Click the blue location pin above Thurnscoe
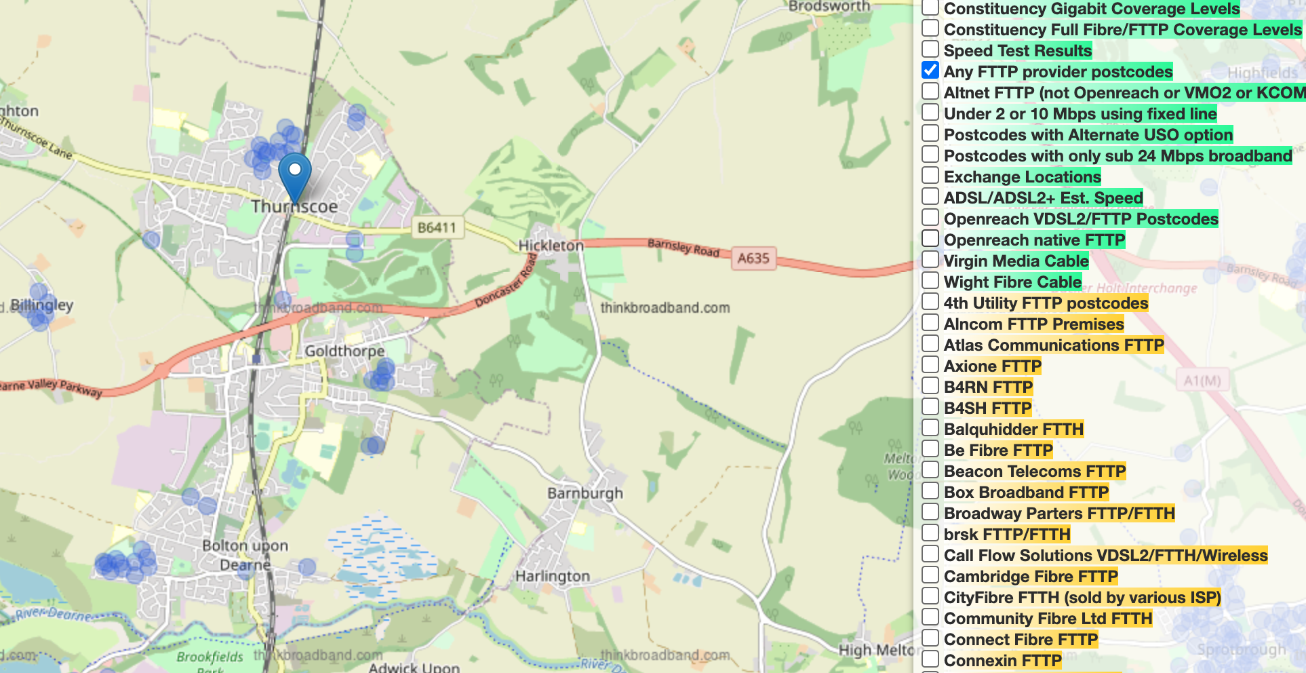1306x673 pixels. (x=295, y=174)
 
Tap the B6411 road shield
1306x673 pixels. (x=437, y=227)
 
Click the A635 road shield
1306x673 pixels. (x=753, y=258)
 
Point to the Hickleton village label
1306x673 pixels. (x=551, y=246)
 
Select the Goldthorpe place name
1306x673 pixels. (x=344, y=351)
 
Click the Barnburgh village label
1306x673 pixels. (x=585, y=493)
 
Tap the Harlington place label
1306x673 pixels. (x=553, y=577)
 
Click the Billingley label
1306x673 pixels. (x=41, y=305)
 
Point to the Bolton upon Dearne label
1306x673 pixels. (x=245, y=555)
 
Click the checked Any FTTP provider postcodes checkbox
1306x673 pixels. (x=930, y=71)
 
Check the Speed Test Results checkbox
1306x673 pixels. (x=930, y=50)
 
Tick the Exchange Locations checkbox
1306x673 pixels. (x=930, y=176)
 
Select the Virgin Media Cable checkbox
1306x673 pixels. (x=930, y=260)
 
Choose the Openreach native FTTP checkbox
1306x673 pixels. (x=930, y=239)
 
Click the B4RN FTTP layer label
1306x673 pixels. (x=988, y=387)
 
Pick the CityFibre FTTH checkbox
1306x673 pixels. (x=930, y=596)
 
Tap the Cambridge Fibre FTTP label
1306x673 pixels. (x=1031, y=577)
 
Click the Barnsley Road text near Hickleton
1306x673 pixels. (x=683, y=247)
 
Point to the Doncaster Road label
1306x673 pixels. (x=505, y=281)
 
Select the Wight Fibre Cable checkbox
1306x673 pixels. (x=930, y=281)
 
